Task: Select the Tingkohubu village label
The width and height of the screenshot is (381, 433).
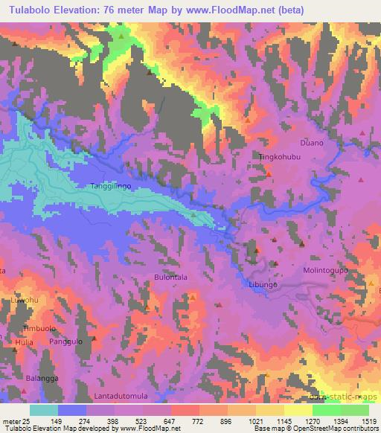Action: click(278, 157)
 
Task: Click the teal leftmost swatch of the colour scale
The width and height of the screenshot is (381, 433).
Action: click(44, 410)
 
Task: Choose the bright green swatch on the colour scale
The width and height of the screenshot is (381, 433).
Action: click(327, 410)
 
